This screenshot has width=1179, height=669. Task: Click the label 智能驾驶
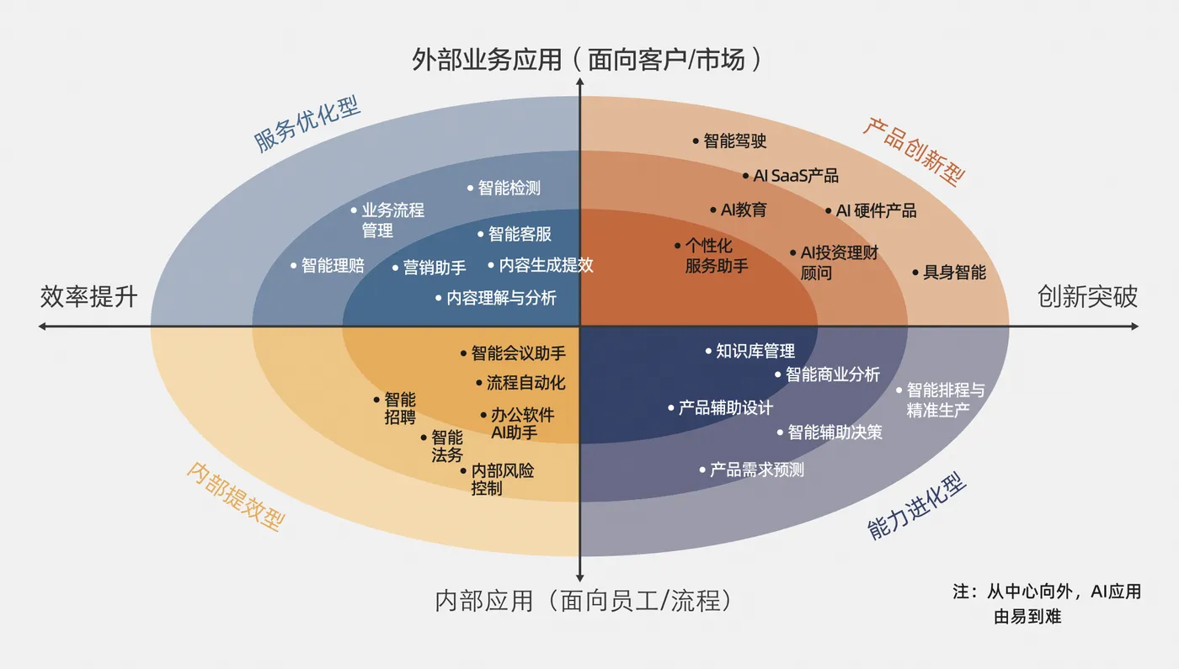[735, 141]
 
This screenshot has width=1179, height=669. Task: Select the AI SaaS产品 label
[796, 176]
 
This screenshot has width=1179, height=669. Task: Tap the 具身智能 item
[954, 273]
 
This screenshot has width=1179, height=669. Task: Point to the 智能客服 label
[520, 235]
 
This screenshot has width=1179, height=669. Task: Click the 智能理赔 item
[333, 266]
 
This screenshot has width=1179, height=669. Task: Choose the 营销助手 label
[435, 268]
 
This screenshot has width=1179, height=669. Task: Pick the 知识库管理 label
[755, 351]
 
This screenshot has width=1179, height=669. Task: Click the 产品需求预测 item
[757, 470]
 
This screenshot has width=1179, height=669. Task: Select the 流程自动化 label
[525, 383]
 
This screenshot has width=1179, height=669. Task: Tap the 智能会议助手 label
[518, 353]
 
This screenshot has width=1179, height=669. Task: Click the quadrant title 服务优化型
[307, 125]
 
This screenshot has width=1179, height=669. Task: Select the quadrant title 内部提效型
[234, 496]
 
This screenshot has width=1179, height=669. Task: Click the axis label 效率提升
[88, 296]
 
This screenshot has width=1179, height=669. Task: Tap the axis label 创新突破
[1087, 296]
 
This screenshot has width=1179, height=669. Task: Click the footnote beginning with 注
[1047, 603]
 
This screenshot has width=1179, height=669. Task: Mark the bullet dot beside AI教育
[712, 210]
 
